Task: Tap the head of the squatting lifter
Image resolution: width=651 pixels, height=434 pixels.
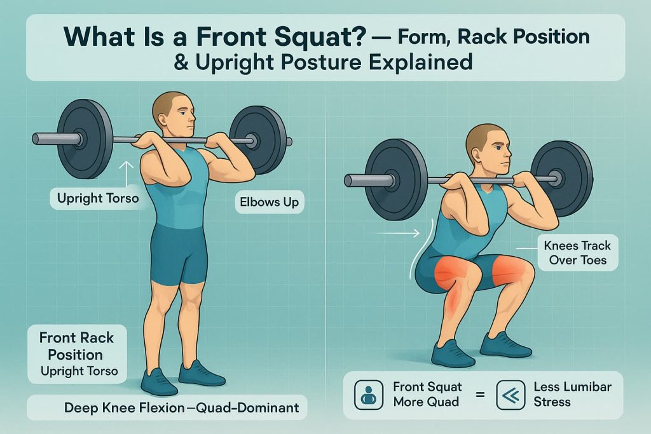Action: [x=488, y=146]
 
